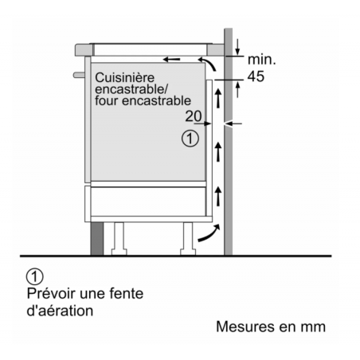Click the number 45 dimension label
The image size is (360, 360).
tap(256, 76)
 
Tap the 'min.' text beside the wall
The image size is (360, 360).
tap(262, 60)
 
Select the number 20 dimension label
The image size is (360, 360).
tap(194, 116)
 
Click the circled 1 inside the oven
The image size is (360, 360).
tap(190, 139)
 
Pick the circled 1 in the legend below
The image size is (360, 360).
tap(35, 276)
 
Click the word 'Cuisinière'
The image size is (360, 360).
tap(124, 78)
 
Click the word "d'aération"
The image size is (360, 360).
tap(60, 311)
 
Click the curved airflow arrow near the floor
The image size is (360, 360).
tap(210, 234)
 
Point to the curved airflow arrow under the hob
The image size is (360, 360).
tap(208, 63)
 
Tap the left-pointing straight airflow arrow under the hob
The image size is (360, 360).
tap(171, 59)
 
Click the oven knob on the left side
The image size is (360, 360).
tap(79, 75)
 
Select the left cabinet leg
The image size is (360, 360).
tap(119, 239)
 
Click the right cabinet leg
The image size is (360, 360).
tap(188, 239)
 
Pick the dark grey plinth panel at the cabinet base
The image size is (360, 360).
tap(97, 239)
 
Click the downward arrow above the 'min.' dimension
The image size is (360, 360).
tap(237, 47)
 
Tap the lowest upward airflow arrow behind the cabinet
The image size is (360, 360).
tap(218, 196)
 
